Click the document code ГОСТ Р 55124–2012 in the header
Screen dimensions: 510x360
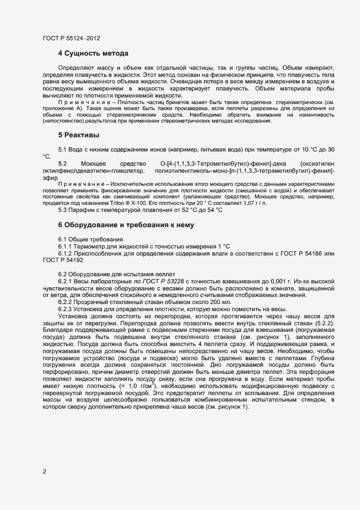pos(71,38)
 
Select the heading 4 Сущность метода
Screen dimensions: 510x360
pos(93,53)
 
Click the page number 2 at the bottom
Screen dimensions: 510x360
pos(44,472)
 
